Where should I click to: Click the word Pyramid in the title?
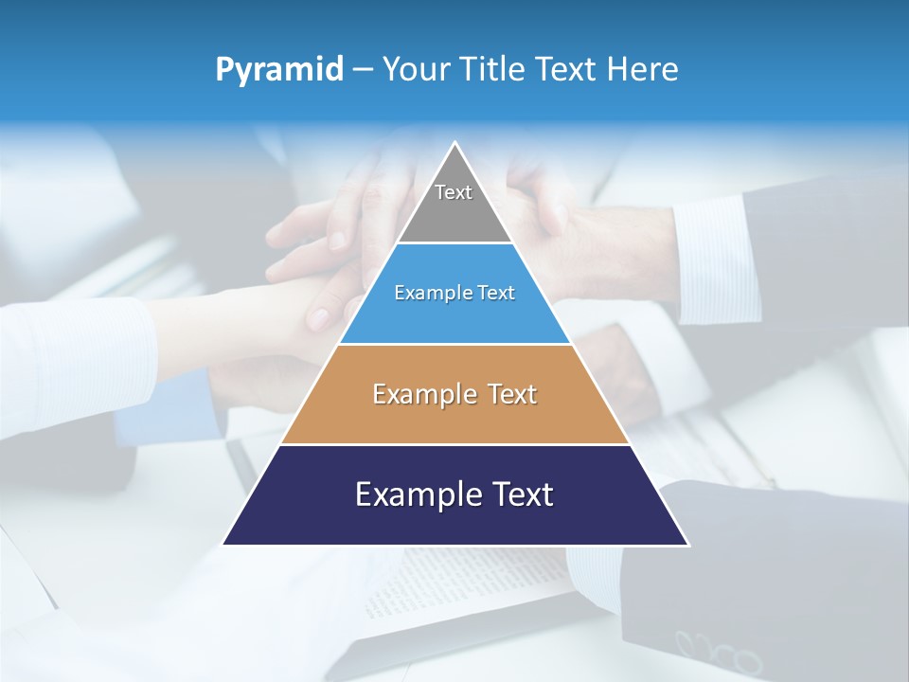click(x=278, y=70)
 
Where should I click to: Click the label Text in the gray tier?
click(x=454, y=192)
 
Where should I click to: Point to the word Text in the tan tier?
click(x=512, y=394)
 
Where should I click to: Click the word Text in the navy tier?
click(x=523, y=494)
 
